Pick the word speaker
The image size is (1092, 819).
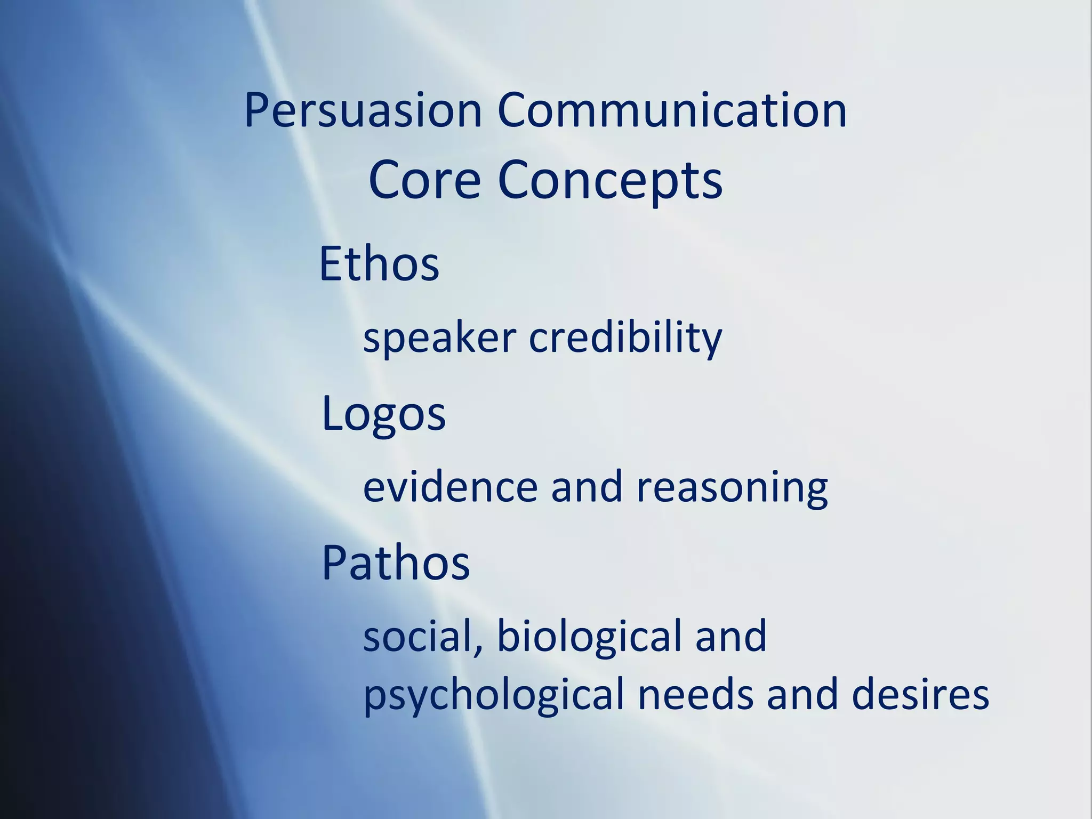(x=439, y=339)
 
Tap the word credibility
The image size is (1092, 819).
(x=625, y=339)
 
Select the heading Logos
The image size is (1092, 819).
(x=383, y=415)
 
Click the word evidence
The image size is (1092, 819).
(x=450, y=487)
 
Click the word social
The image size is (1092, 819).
(x=418, y=636)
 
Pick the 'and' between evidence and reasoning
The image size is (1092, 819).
(x=587, y=487)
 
